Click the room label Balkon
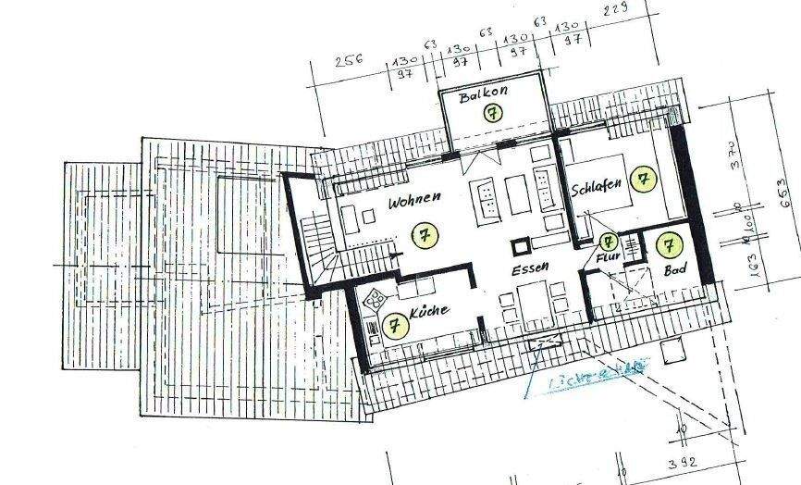[484, 95]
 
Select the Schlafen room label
[596, 187]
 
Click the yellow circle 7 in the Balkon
[493, 113]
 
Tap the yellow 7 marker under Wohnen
[425, 234]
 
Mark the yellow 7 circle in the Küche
[394, 326]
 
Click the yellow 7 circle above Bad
[668, 245]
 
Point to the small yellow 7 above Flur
[608, 242]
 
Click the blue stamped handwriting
[584, 379]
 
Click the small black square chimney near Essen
[521, 246]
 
